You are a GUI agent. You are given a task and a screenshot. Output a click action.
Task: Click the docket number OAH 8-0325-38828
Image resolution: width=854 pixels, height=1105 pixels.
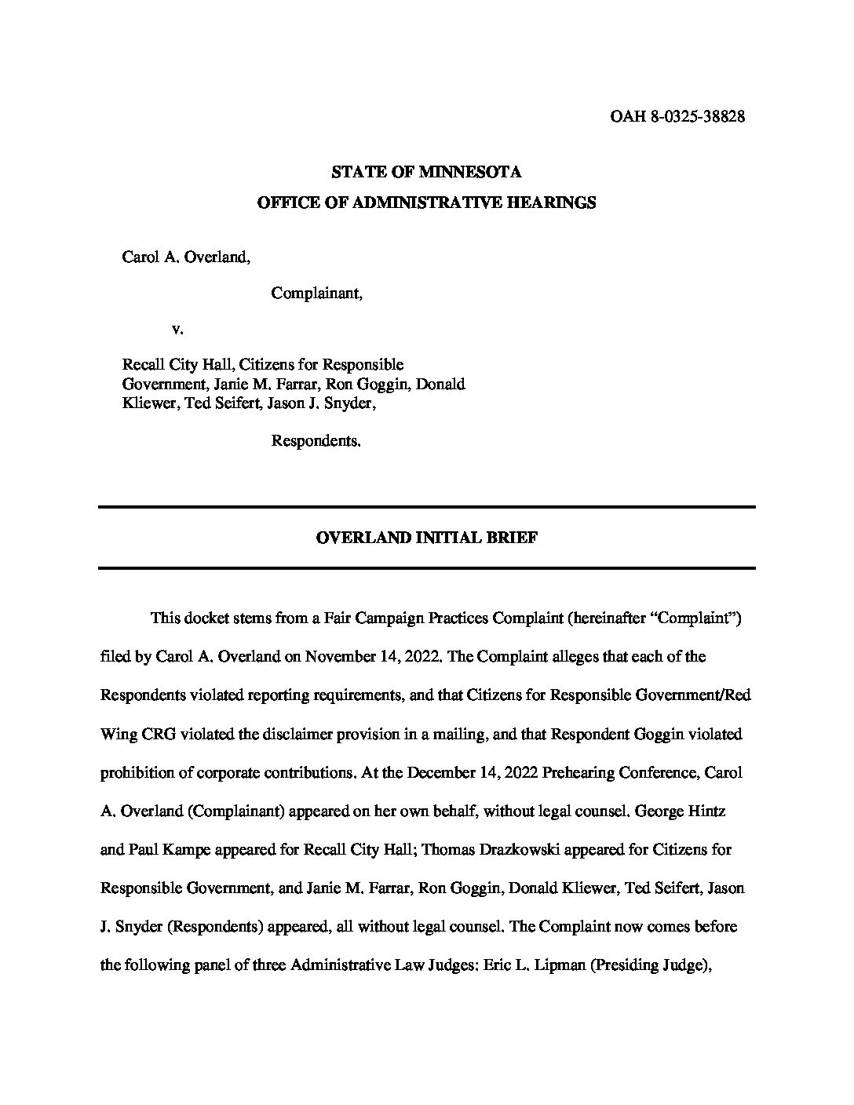677,117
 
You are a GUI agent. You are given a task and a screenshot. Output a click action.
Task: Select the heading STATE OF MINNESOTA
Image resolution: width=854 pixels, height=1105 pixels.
426,172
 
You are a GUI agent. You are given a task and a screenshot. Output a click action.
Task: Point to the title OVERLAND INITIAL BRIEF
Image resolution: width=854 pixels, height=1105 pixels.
426,538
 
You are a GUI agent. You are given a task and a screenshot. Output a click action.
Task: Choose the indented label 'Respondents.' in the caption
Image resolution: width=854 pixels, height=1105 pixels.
316,441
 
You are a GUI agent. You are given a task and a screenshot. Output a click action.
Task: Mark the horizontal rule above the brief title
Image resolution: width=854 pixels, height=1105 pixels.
426,508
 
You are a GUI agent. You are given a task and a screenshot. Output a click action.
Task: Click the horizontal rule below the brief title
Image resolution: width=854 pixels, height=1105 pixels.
426,567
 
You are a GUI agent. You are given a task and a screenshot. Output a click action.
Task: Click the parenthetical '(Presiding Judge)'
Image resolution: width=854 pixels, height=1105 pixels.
649,965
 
